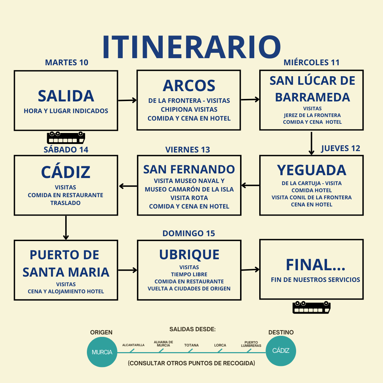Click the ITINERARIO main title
(x=191, y=47)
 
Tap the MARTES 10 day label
(x=67, y=63)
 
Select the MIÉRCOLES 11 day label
(x=311, y=63)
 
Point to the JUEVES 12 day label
(x=340, y=149)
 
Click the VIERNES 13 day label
(x=188, y=150)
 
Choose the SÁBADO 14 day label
(x=66, y=150)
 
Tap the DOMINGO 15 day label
(x=189, y=233)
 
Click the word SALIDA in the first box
(x=66, y=96)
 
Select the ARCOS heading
(x=189, y=86)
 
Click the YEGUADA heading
(x=311, y=170)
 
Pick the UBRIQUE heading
(x=189, y=255)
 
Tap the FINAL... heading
(x=315, y=265)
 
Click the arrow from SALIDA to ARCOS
(x=127, y=100)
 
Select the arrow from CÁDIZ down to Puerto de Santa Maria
(x=66, y=227)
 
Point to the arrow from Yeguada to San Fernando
(x=250, y=185)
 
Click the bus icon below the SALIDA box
(x=66, y=138)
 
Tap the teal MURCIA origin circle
(x=102, y=352)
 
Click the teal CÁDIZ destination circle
(x=281, y=351)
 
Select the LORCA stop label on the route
(x=220, y=345)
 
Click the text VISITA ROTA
(x=189, y=198)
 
